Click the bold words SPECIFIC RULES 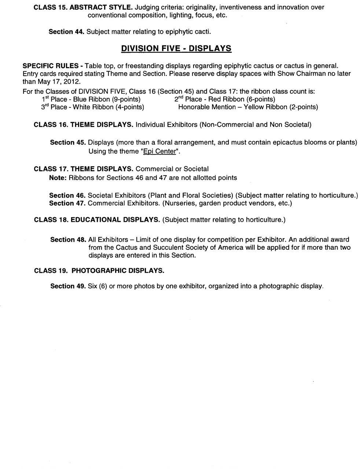(x=53, y=66)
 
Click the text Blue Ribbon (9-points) (x=107, y=99)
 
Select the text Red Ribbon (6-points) (x=242, y=99)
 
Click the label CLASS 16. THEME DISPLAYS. (x=83, y=125)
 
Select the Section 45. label (x=68, y=142)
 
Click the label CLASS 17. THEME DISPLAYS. (x=83, y=169)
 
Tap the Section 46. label (x=67, y=195)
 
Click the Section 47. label (x=67, y=204)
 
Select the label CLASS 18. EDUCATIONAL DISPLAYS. (x=97, y=220)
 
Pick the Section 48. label (x=68, y=240)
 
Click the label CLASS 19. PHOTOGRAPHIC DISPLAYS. (x=99, y=271)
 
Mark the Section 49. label (x=68, y=286)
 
